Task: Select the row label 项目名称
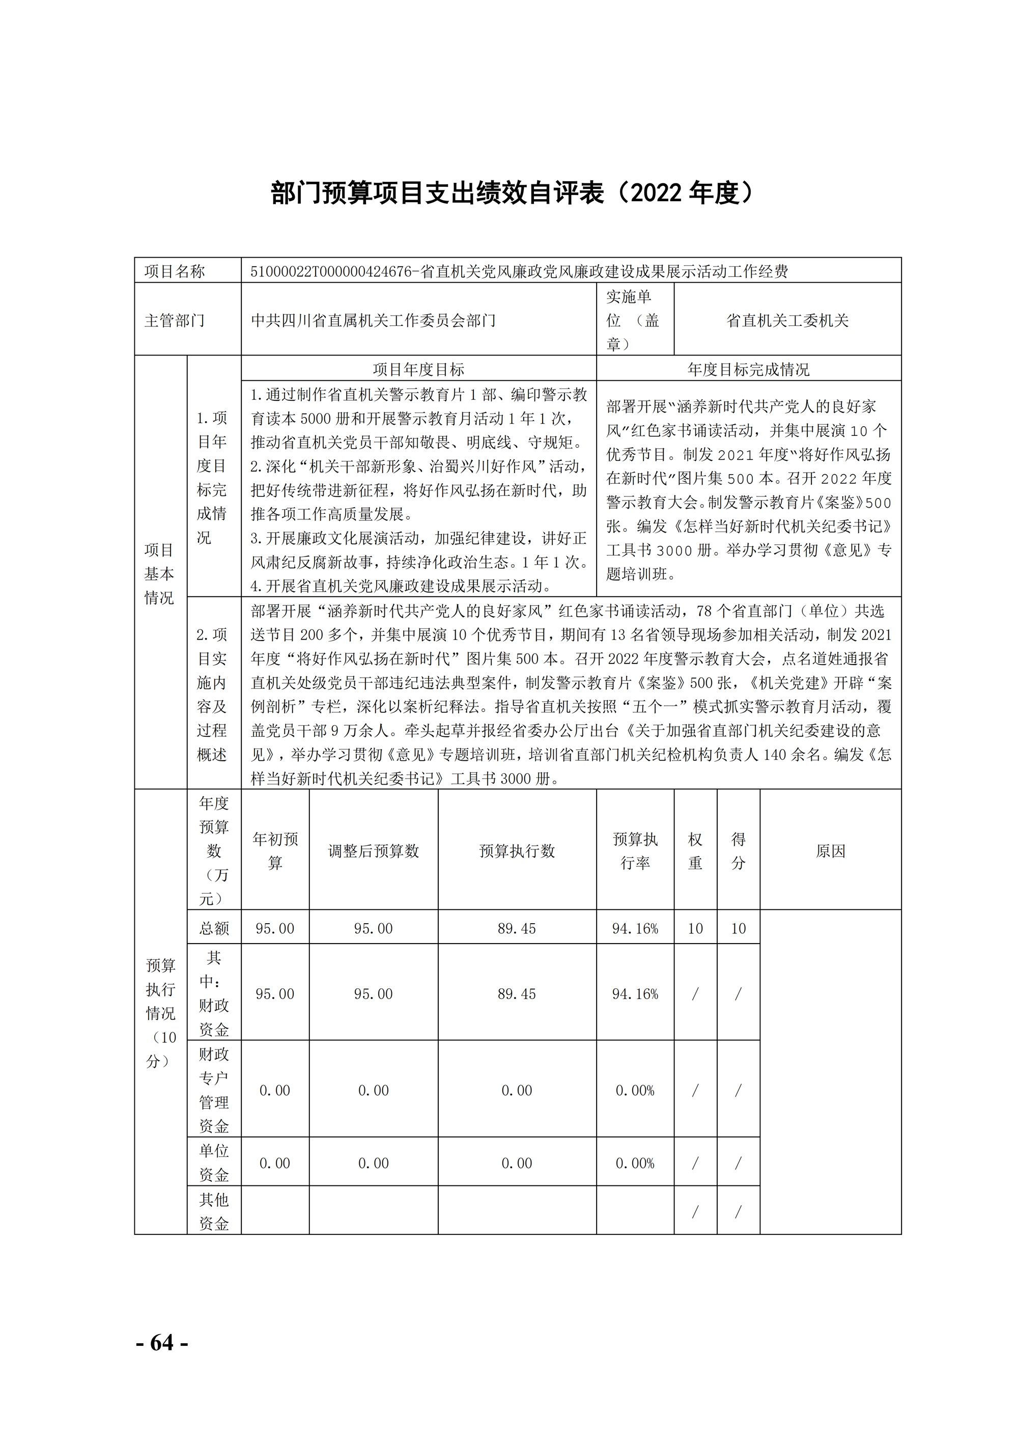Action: click(175, 271)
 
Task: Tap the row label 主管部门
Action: click(175, 320)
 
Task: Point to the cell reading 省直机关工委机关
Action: click(787, 320)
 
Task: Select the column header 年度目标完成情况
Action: click(748, 369)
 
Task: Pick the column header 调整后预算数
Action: click(373, 851)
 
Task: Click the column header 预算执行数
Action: click(517, 851)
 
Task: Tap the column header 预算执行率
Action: click(635, 851)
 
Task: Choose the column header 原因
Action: click(831, 851)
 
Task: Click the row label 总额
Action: click(214, 928)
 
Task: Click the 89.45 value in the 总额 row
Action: click(517, 928)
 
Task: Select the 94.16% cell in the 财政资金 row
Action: click(635, 994)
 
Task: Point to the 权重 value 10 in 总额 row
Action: click(695, 928)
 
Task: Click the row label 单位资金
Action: click(214, 1162)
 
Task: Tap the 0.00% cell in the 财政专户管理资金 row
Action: click(635, 1091)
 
